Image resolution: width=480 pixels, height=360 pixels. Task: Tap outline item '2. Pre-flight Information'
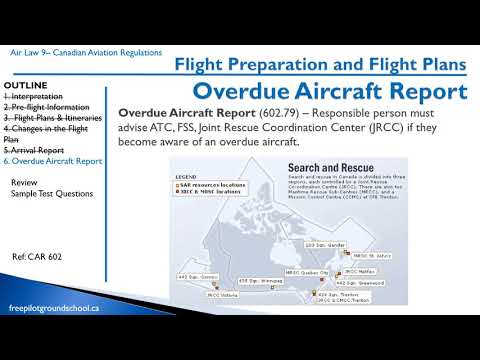pos(49,105)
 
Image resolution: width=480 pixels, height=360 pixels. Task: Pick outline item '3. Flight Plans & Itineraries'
pos(56,117)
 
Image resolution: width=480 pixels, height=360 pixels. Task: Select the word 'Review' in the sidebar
pos(24,184)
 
